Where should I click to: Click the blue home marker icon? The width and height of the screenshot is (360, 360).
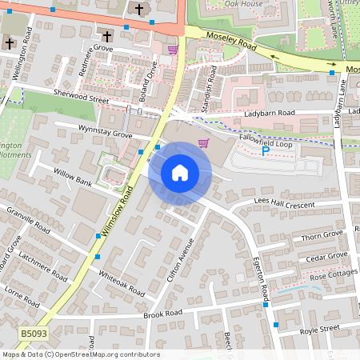[179, 173]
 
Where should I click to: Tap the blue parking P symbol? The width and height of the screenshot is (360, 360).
[266, 150]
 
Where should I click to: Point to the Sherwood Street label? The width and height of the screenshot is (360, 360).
[78, 98]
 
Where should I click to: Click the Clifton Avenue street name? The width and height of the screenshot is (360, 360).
[181, 262]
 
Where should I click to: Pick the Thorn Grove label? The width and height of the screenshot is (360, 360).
[322, 234]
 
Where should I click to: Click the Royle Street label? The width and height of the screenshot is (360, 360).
[318, 328]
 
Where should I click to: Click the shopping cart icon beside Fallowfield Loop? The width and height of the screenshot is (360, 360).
[203, 143]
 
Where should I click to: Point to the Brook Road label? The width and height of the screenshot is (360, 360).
[164, 314]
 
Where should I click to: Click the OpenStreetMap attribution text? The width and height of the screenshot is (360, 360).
[80, 354]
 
